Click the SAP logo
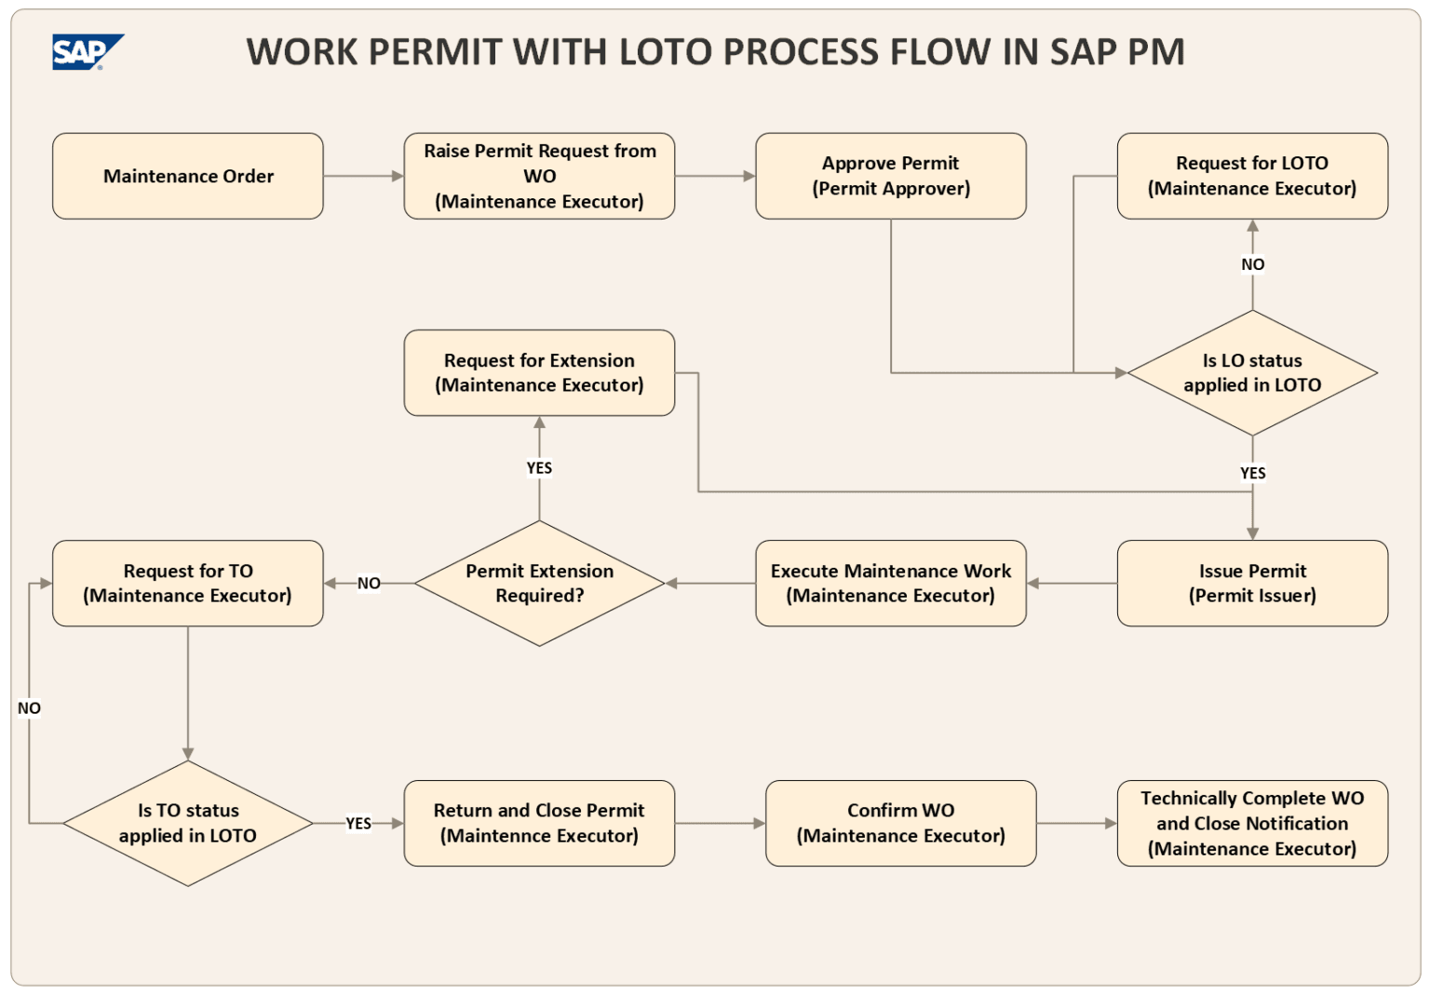87,52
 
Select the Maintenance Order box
188,176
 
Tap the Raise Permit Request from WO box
539,176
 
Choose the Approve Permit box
891,176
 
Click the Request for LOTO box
1252,176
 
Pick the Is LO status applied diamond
1252,372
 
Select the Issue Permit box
1252,584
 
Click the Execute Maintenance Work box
891,584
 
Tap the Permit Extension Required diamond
539,584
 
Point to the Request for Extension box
539,372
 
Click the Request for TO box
188,584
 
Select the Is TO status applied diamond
188,823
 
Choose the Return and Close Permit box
539,823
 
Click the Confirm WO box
900,823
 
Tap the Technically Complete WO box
1252,823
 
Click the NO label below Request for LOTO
1252,264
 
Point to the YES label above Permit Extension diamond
539,468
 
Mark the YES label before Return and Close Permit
358,824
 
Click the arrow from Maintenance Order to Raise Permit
363,176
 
